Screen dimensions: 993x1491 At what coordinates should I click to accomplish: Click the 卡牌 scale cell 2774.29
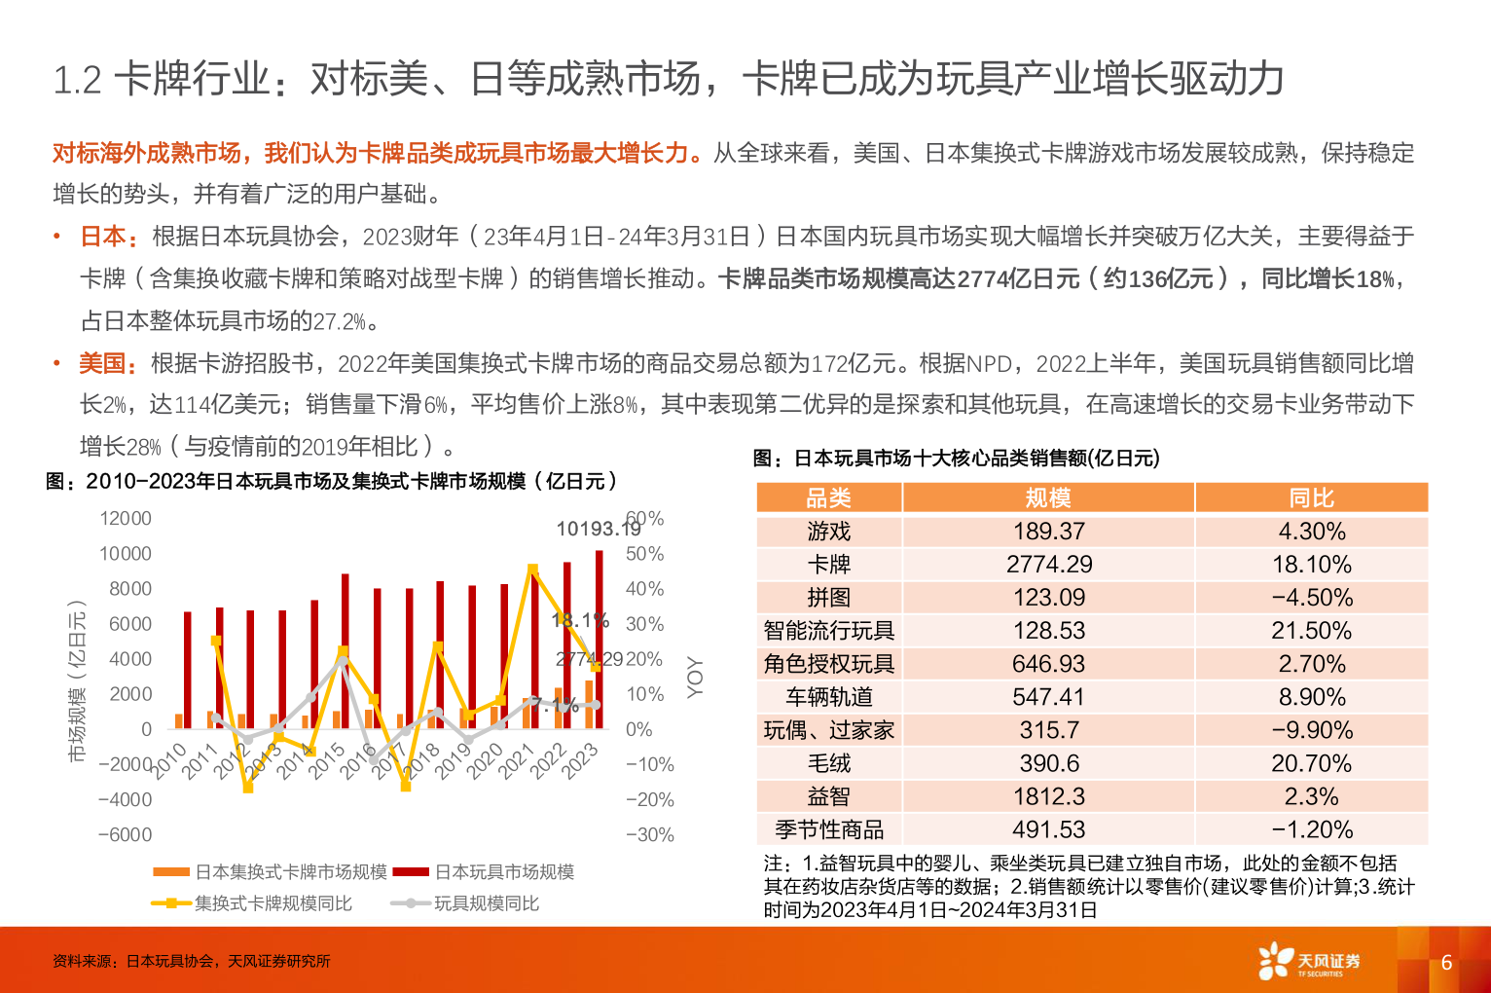point(1048,565)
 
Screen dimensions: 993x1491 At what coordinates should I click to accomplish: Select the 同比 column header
point(1311,498)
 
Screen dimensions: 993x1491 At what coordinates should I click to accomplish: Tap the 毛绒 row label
point(828,763)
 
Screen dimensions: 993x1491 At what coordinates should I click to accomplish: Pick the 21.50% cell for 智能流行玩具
point(1311,631)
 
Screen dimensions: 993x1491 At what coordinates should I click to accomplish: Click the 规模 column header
point(1048,498)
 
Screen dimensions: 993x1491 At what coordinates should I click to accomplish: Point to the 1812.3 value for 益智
point(1048,796)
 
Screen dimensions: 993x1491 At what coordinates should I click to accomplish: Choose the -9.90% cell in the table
point(1311,730)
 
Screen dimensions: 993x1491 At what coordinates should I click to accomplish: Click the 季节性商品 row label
point(828,829)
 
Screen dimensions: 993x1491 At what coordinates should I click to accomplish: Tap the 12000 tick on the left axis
point(126,518)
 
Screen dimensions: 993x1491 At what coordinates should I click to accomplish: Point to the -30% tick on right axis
point(650,834)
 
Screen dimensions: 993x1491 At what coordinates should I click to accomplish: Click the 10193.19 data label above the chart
point(598,529)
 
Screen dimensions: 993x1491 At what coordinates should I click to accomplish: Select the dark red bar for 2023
point(600,639)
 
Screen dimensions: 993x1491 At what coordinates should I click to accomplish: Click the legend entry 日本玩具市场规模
point(503,871)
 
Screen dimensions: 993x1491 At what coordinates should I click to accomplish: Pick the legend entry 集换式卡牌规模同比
point(273,903)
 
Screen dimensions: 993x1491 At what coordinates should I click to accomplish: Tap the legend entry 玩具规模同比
point(486,903)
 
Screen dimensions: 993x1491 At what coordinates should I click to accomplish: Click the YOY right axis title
point(694,677)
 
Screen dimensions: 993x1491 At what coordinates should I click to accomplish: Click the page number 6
point(1446,962)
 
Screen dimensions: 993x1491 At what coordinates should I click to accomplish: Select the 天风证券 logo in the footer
point(1309,961)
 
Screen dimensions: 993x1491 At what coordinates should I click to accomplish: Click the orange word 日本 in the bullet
point(103,237)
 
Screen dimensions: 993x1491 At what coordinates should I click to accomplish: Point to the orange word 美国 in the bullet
point(103,364)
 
